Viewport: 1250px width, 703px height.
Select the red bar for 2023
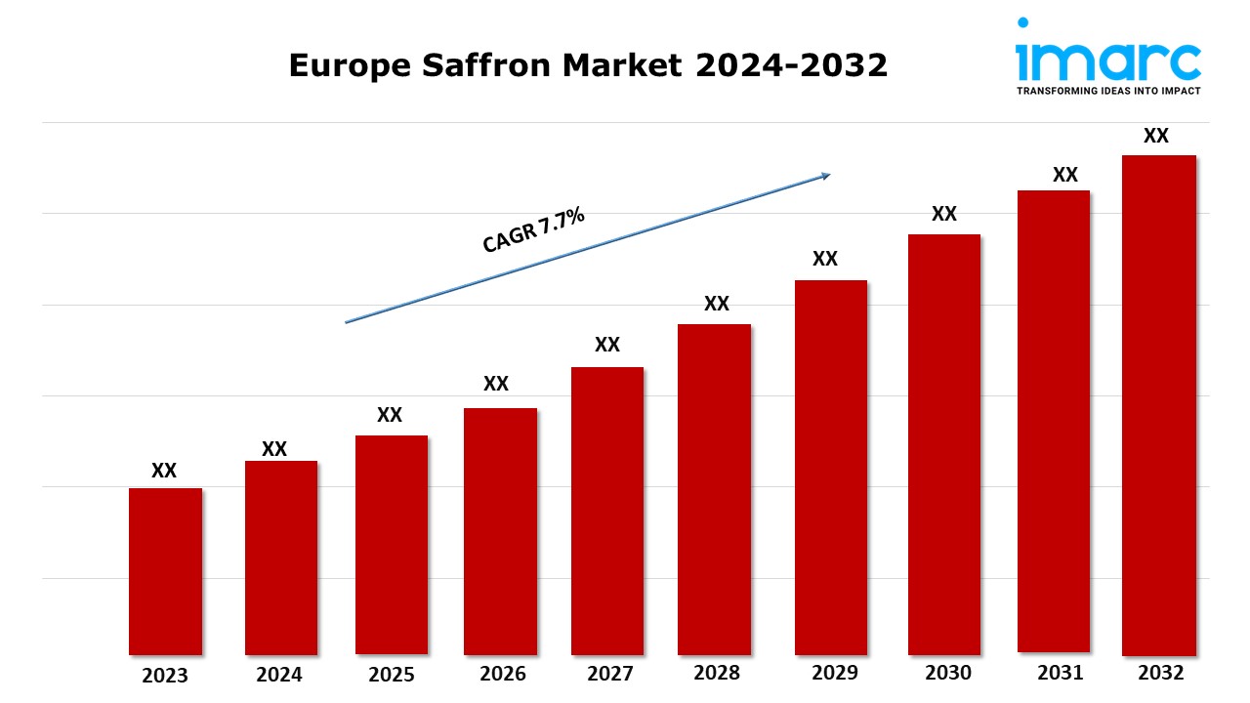pos(165,571)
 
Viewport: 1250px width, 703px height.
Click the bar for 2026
pos(500,531)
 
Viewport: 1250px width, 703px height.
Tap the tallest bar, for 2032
pos(1158,405)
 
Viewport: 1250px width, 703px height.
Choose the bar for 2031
pos(1053,421)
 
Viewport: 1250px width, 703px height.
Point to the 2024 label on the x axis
pos(280,675)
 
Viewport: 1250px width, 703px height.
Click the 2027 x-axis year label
pos(609,674)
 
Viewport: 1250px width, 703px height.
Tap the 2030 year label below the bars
pos(948,673)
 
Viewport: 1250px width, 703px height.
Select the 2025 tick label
pos(392,675)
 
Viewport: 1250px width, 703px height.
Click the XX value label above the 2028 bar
pos(717,304)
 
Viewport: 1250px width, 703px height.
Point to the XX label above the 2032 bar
pos(1156,137)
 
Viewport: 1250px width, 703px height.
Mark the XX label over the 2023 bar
pos(164,471)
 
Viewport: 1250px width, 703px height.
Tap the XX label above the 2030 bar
pos(944,214)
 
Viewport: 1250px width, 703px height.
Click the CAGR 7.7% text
pos(533,230)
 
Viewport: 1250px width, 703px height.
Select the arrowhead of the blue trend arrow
pos(825,176)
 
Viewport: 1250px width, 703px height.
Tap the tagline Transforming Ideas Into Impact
pos(1108,90)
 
